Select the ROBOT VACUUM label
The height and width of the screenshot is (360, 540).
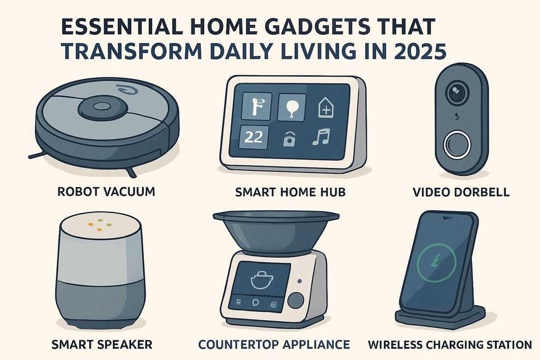[106, 192]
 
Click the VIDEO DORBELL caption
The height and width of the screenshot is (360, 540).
[461, 192]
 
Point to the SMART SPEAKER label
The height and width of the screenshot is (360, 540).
[102, 344]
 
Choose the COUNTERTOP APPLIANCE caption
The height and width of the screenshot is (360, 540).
[274, 344]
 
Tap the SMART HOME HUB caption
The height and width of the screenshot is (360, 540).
[291, 192]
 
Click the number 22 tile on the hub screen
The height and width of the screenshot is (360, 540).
[253, 137]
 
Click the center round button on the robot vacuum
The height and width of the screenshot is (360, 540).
[101, 106]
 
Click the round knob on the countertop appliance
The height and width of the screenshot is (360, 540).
[297, 299]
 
